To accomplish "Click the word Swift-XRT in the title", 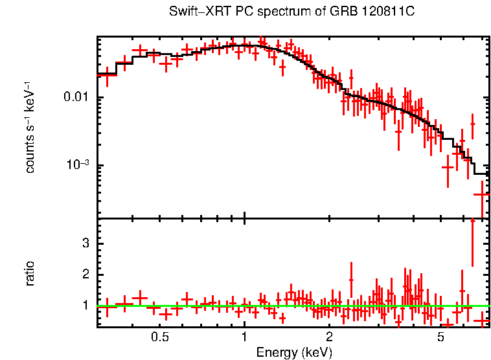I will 196,12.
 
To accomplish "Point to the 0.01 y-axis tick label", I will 79,98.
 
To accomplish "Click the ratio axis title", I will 30,273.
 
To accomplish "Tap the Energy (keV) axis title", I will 294,353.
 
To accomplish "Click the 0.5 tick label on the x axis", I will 160,337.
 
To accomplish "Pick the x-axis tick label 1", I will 244,337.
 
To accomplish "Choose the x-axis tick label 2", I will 329,337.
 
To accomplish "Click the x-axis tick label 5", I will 440,337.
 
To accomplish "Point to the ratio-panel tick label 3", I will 85,243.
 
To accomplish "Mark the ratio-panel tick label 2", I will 85,275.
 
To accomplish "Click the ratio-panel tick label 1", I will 85,305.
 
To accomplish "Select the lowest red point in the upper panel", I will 481,194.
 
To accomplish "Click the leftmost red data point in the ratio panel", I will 107,306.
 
